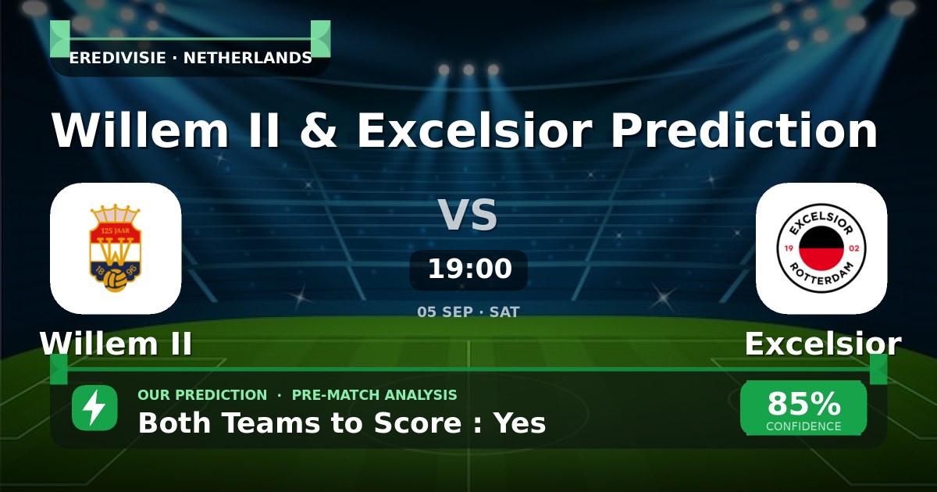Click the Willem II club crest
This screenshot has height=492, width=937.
(116, 248)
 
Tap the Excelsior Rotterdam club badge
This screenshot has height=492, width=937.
(821, 248)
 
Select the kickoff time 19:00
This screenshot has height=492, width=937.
(470, 268)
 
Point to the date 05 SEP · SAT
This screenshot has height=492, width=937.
(468, 312)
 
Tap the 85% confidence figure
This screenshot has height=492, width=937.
(803, 403)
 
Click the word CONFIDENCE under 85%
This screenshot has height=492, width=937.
(803, 426)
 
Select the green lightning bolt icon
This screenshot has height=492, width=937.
(94, 408)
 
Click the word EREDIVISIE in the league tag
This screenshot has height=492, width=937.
(118, 58)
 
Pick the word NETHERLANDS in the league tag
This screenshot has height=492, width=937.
(248, 58)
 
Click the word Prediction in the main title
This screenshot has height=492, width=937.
(743, 130)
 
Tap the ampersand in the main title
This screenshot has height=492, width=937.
(319, 130)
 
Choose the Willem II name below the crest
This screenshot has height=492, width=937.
(116, 344)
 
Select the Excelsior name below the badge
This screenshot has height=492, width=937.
(823, 344)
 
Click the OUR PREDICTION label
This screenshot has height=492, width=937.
(202, 395)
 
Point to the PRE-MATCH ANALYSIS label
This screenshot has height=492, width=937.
(374, 395)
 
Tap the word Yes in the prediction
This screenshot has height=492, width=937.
(520, 422)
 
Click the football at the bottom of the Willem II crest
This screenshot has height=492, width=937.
(115, 280)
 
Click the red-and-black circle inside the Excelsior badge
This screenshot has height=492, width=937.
(821, 248)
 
